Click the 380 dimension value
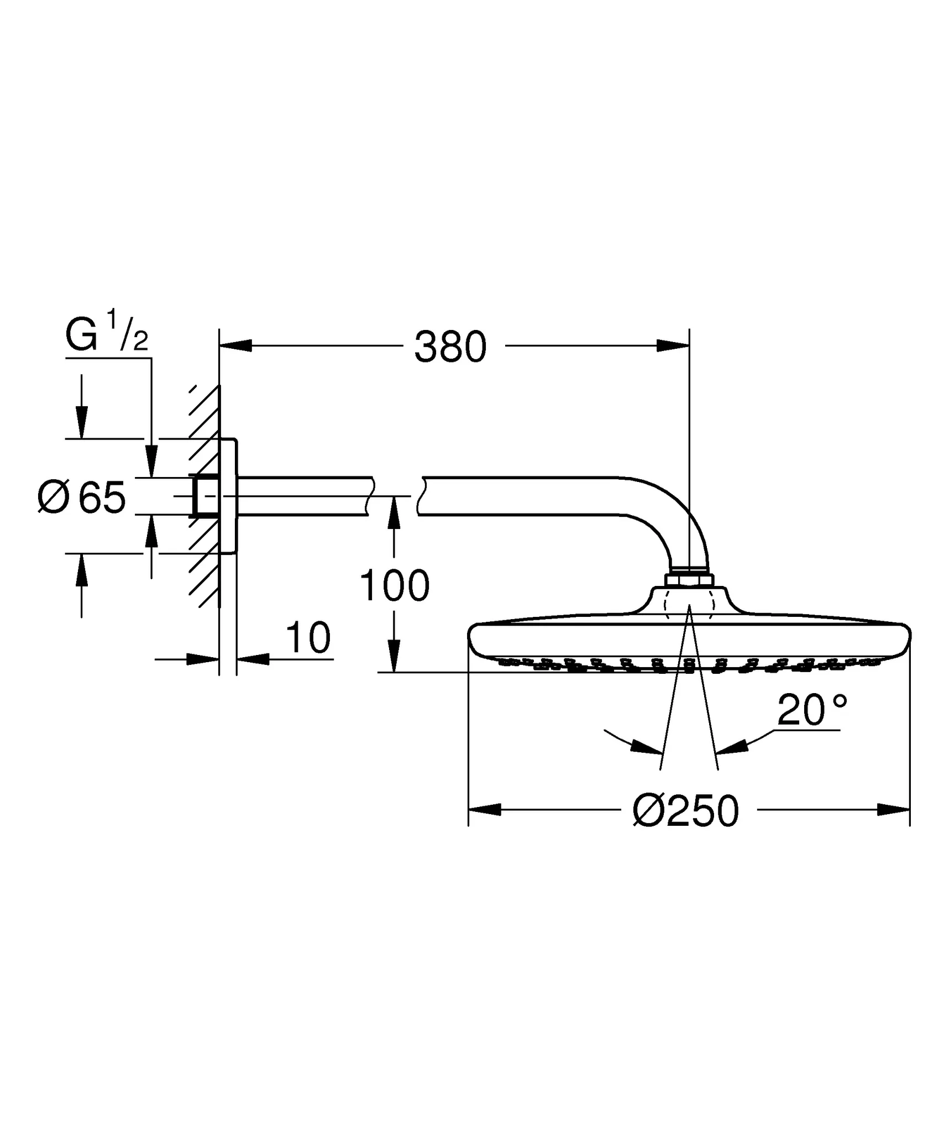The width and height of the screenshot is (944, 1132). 450,347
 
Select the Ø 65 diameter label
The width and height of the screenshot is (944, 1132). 82,498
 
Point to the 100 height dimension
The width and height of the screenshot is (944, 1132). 394,586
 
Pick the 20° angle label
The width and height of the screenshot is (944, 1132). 812,710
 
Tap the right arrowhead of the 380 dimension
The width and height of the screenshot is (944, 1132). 673,346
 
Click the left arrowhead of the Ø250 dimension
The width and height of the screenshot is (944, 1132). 485,810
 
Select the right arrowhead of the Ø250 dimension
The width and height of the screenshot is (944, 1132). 893,810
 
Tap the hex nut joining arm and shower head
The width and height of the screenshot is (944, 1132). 689,581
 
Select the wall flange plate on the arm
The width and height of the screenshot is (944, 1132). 228,496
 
